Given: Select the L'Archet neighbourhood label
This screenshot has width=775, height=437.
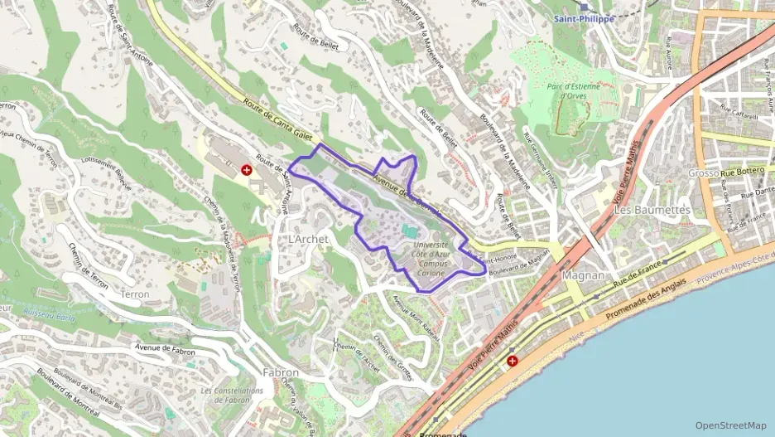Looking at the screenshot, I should coord(308,239).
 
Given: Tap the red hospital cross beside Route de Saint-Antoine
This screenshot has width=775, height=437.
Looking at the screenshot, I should coord(246,169).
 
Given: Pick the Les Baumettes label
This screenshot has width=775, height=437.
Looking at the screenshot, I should coord(652,210).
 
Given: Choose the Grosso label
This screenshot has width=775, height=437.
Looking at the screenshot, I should coord(703,173).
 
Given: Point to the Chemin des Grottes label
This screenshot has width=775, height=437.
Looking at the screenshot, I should coord(392,357).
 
